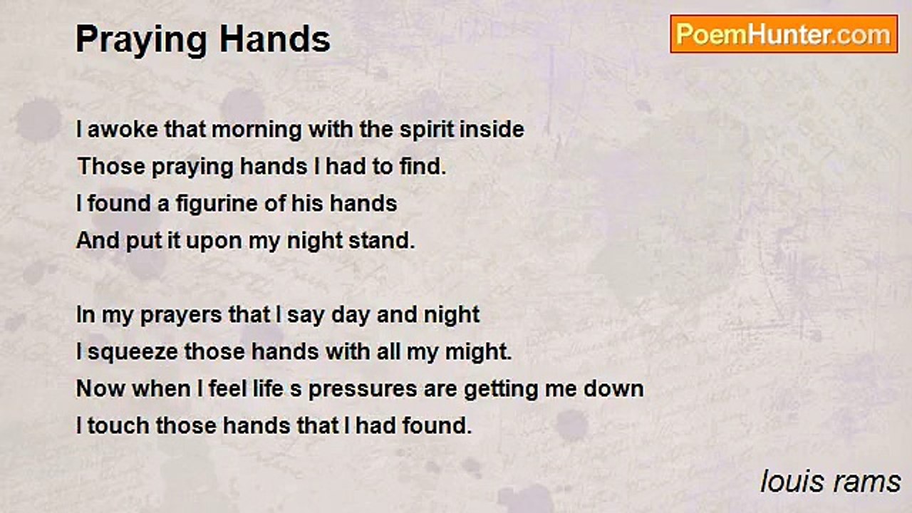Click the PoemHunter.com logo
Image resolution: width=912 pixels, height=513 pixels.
point(784,33)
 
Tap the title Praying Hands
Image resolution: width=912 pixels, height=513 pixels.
point(203,39)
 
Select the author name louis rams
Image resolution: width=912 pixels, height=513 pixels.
point(830,482)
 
